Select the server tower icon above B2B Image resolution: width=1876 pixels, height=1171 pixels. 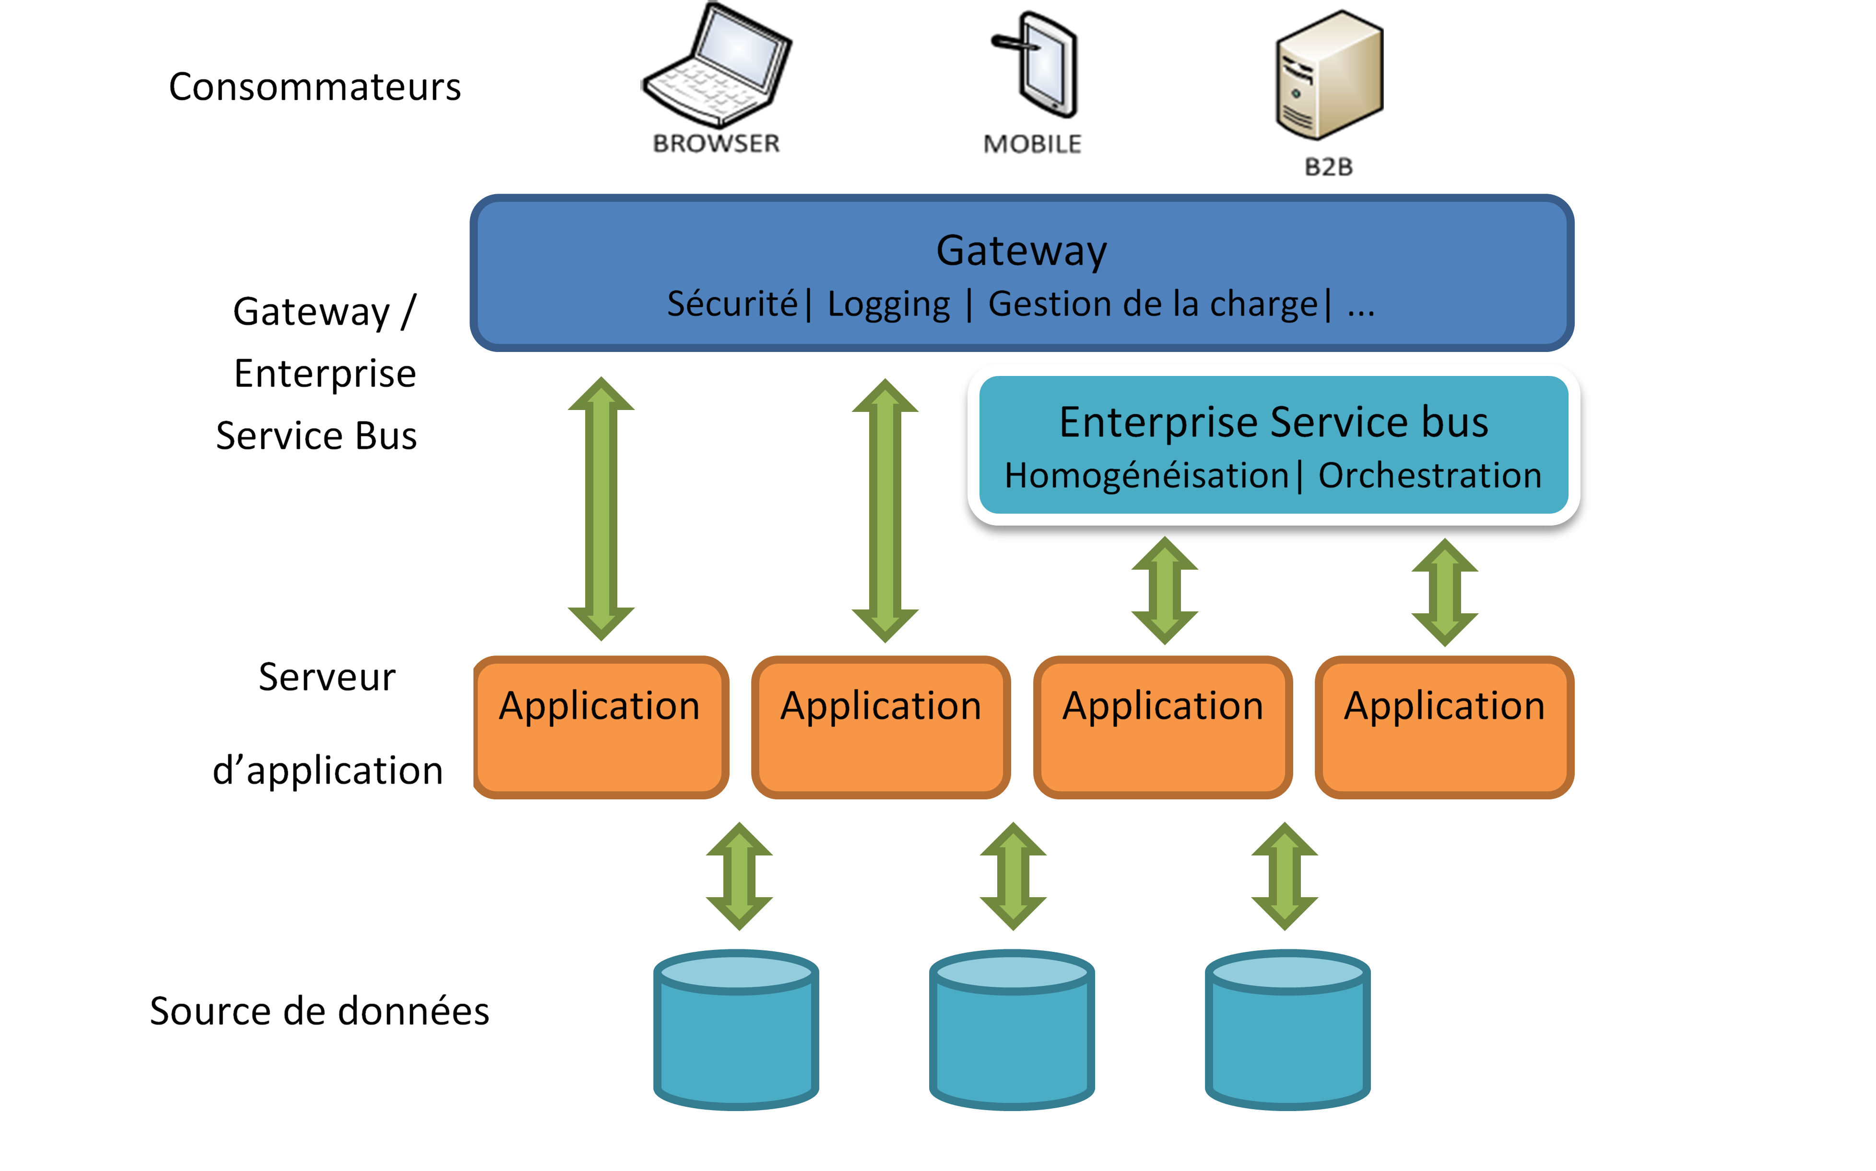(1328, 76)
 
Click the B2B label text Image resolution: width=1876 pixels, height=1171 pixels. (1328, 166)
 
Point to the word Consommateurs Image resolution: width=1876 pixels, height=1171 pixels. (315, 87)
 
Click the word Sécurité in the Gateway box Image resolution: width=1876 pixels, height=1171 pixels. (732, 304)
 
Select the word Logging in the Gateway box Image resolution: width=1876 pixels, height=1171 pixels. (888, 304)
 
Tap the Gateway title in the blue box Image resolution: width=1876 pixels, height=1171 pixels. (1021, 250)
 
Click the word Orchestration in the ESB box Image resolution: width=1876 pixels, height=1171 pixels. (1429, 476)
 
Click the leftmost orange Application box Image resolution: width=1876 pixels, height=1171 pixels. (600, 726)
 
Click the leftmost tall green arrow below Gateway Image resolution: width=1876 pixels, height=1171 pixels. (601, 509)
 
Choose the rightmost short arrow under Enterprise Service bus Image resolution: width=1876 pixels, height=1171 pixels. (1445, 593)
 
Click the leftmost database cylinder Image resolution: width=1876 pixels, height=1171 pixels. (736, 1030)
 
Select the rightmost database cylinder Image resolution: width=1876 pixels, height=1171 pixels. (1287, 1030)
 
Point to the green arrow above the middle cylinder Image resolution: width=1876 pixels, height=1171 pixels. (1013, 876)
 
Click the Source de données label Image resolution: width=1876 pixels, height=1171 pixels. (319, 1011)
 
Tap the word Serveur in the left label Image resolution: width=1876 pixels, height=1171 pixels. (327, 677)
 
